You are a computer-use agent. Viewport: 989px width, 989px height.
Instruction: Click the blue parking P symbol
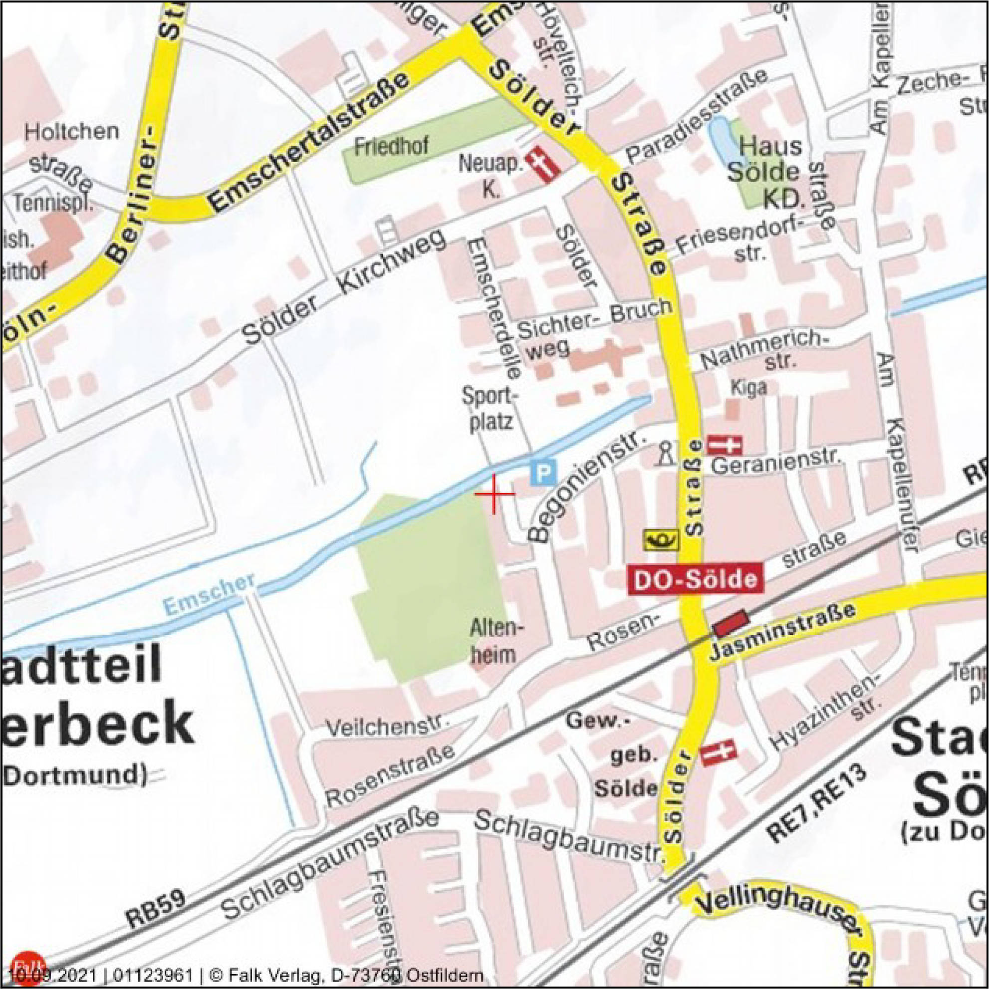(x=543, y=472)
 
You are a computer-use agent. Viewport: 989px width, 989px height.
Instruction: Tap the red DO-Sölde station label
(x=696, y=579)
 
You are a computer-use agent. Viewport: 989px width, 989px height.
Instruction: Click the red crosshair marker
(x=494, y=494)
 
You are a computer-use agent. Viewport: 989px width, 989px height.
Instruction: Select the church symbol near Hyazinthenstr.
(x=718, y=752)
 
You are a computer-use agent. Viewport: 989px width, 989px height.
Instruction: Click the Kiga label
(x=749, y=387)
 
